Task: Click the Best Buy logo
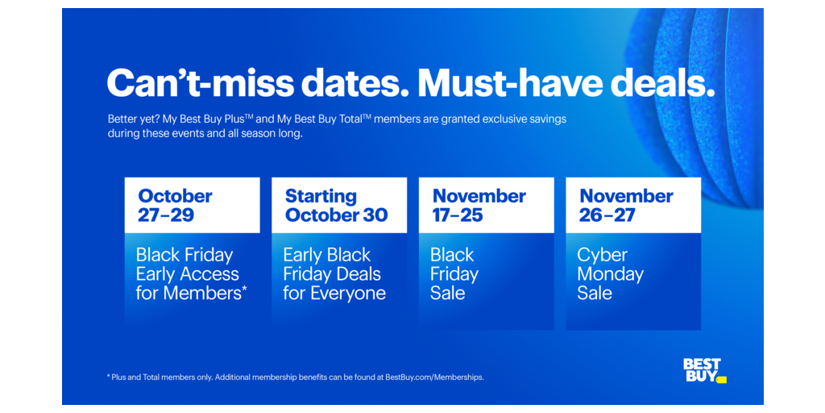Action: click(x=704, y=371)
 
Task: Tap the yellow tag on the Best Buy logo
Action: click(x=721, y=379)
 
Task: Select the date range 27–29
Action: click(x=166, y=215)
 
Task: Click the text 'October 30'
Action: click(x=337, y=215)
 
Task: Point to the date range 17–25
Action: click(x=458, y=215)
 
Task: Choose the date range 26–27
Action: click(x=607, y=215)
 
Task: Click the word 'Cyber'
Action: click(x=603, y=256)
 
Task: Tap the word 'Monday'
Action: click(x=611, y=274)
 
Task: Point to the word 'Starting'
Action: click(x=321, y=197)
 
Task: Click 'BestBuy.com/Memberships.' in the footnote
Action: click(x=434, y=378)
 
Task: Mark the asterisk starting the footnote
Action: click(x=109, y=377)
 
